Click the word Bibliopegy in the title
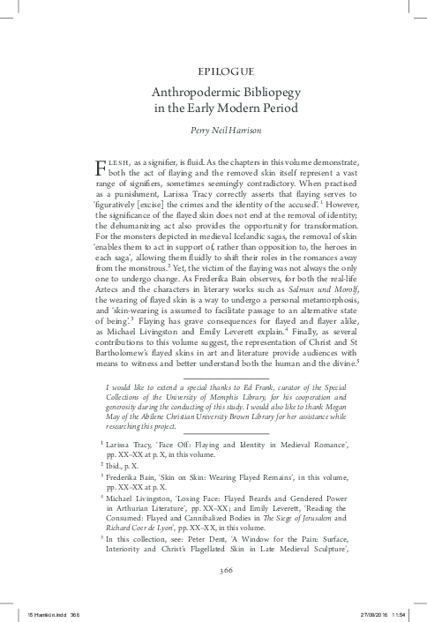278,92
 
